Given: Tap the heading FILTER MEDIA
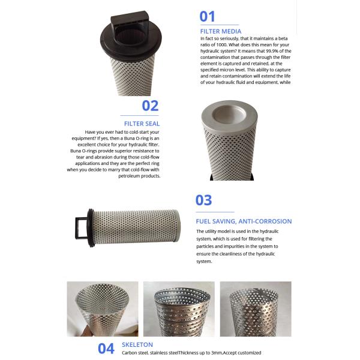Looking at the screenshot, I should click(221, 31).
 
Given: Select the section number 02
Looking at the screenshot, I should click(150, 106).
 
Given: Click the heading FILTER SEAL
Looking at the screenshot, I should click(140, 124).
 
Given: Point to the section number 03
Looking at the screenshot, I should click(204, 200).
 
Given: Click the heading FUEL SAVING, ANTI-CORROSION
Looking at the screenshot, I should click(244, 221).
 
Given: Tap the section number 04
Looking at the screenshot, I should click(106, 348).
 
